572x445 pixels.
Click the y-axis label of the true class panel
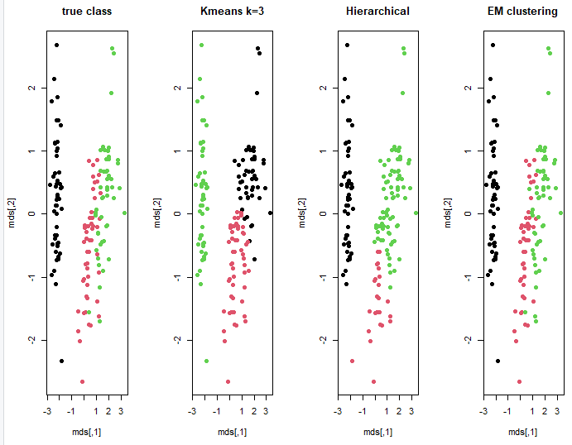(12, 213)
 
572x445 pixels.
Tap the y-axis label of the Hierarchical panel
(303, 213)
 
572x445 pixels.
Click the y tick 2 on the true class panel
(31, 88)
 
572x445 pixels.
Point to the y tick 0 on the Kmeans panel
(176, 213)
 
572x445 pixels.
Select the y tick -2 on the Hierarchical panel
(322, 340)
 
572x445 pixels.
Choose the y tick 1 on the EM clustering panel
(469, 151)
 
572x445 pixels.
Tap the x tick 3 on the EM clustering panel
(559, 409)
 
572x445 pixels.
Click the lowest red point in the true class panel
(82, 381)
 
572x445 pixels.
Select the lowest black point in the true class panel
(61, 361)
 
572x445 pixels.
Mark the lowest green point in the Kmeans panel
(207, 361)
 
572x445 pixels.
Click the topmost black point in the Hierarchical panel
(348, 45)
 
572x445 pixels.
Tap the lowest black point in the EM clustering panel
(498, 361)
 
